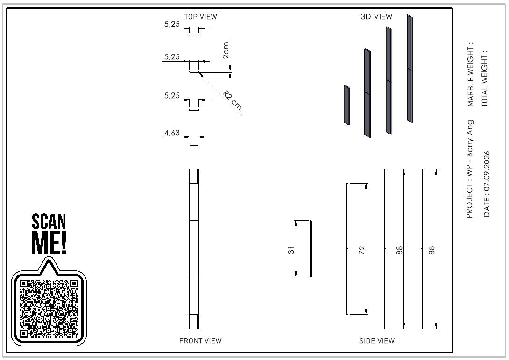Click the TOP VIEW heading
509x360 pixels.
click(x=200, y=16)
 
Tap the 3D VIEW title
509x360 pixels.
click(x=376, y=16)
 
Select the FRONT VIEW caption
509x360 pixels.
click(x=200, y=340)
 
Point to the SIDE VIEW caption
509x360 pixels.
click(x=376, y=340)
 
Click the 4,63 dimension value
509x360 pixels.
click(x=172, y=133)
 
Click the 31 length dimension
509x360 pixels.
click(x=291, y=250)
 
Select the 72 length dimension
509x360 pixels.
click(x=361, y=250)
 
